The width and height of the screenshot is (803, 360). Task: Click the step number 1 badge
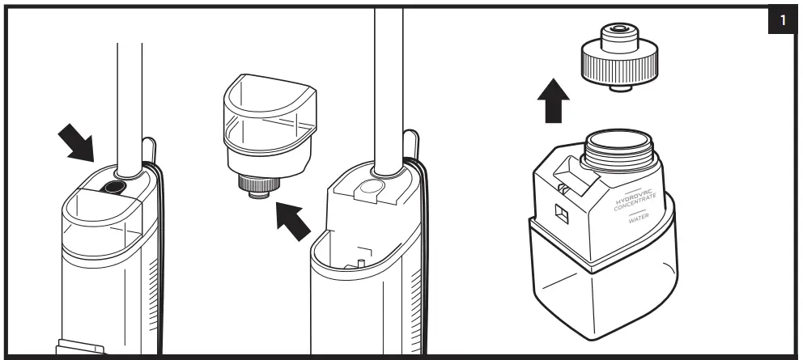[x=784, y=21]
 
